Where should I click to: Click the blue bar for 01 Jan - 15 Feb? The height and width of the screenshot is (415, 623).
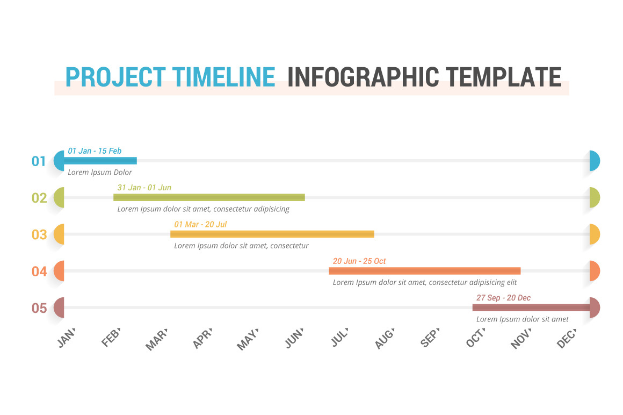pyautogui.click(x=100, y=160)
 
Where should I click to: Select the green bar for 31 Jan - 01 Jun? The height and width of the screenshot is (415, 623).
pyautogui.click(x=209, y=197)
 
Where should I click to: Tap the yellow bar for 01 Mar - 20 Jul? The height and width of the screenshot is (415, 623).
pyautogui.click(x=272, y=234)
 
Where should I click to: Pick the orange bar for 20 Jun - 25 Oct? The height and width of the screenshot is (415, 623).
pyautogui.click(x=424, y=271)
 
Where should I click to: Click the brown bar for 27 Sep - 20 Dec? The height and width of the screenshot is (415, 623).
pyautogui.click(x=531, y=307)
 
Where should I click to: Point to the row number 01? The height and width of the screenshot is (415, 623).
pyautogui.click(x=39, y=161)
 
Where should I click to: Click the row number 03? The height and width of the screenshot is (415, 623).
pyautogui.click(x=39, y=234)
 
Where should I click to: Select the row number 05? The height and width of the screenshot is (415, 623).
pyautogui.click(x=39, y=308)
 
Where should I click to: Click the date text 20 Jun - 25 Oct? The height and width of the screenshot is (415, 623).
pyautogui.click(x=359, y=261)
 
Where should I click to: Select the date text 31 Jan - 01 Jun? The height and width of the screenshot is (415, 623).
pyautogui.click(x=144, y=188)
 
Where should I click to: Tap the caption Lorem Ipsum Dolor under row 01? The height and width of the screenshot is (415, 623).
pyautogui.click(x=100, y=173)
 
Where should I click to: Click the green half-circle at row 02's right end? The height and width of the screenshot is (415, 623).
pyautogui.click(x=594, y=197)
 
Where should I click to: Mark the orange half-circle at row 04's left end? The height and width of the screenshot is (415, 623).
pyautogui.click(x=60, y=271)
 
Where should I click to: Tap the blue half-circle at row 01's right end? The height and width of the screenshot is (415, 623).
pyautogui.click(x=594, y=161)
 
